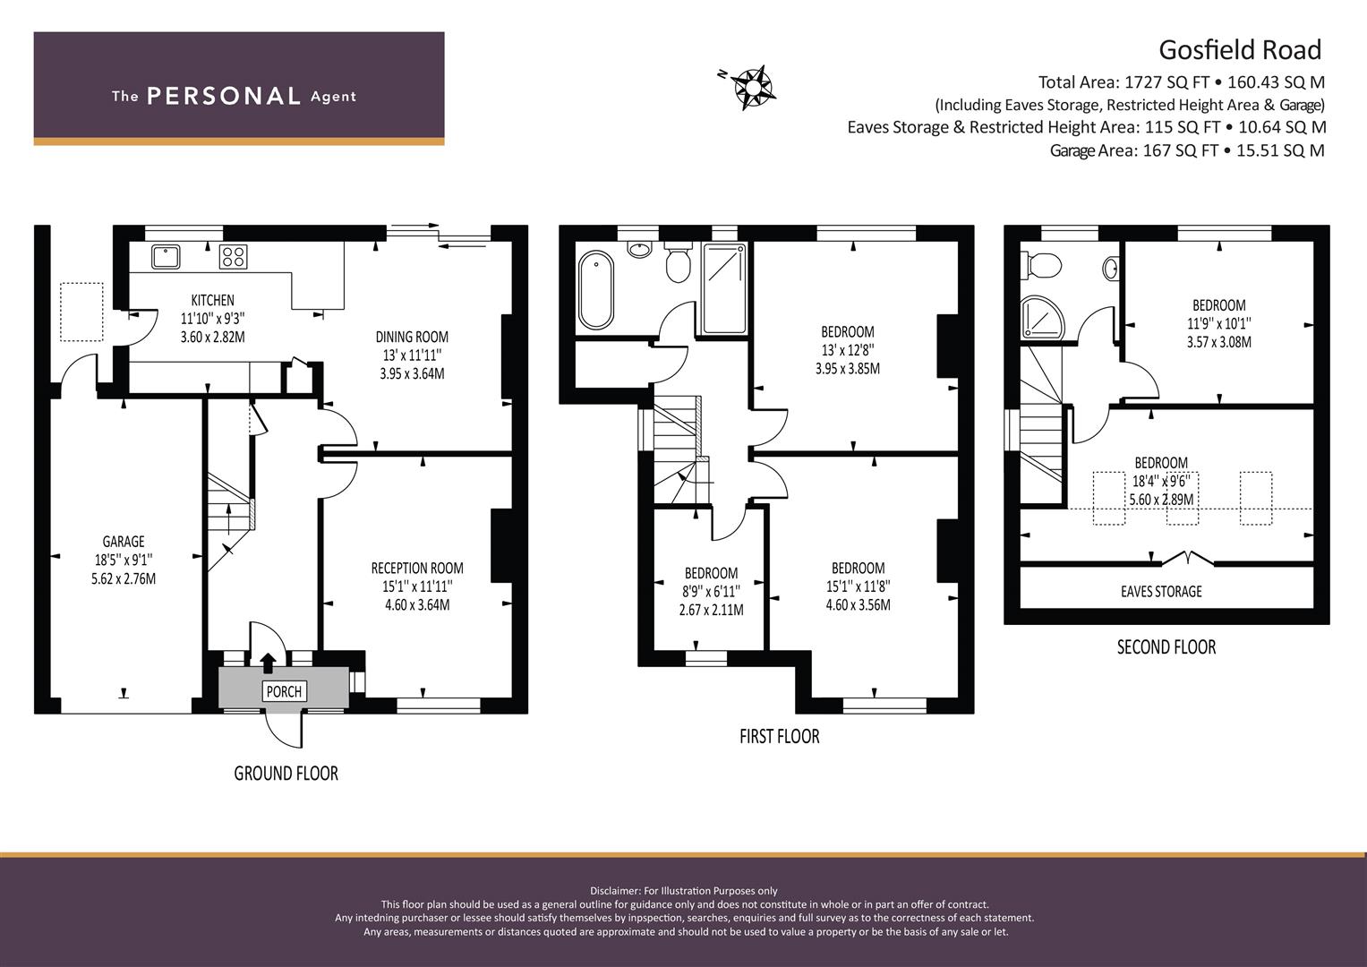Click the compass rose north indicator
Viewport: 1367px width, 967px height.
click(754, 89)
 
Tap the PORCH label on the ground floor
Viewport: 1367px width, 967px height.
click(284, 691)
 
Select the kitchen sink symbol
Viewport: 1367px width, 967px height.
click(166, 256)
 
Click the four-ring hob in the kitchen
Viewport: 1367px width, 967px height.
click(234, 256)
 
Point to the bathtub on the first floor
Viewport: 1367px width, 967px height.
click(596, 291)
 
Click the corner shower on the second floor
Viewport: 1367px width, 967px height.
click(1042, 317)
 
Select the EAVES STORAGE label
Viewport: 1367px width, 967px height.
click(1161, 592)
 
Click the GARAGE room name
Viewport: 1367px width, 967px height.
click(124, 542)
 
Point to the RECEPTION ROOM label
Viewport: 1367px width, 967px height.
click(417, 569)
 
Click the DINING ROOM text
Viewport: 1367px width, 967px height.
click(412, 337)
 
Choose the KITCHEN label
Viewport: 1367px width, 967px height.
click(212, 300)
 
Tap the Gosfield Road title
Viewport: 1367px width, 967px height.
click(1240, 50)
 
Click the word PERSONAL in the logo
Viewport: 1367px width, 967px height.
click(224, 96)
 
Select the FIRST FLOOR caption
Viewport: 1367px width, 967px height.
click(780, 737)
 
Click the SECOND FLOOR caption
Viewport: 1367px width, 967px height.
click(1166, 647)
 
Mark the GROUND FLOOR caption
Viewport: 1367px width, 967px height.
click(286, 774)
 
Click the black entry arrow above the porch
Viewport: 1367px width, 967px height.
click(267, 663)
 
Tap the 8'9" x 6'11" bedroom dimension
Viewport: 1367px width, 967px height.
click(711, 592)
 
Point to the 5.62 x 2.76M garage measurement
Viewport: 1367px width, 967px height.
click(124, 578)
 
